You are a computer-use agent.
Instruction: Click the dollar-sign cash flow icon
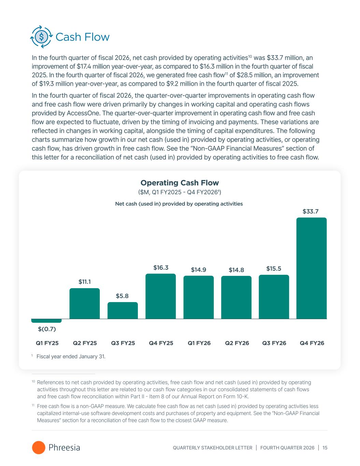tap(42, 37)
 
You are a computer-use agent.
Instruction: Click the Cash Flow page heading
tap(82, 37)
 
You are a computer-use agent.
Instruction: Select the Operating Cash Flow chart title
tap(179, 183)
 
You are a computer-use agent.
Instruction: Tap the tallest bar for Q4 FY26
tap(311, 268)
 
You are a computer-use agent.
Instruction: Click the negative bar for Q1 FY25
tap(46, 321)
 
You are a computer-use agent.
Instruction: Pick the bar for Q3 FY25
tap(123, 310)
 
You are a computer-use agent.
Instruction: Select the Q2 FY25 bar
tap(85, 303)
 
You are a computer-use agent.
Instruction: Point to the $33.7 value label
tap(311, 212)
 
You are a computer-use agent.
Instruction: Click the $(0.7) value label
tap(47, 329)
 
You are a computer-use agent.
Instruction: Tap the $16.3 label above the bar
tap(161, 268)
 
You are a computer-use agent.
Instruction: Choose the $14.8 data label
tap(236, 270)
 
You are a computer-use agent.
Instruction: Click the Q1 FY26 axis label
tap(199, 343)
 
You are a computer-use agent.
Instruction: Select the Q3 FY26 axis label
tap(274, 343)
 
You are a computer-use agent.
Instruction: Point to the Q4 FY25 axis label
tap(161, 343)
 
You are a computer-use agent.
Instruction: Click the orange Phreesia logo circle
tap(39, 448)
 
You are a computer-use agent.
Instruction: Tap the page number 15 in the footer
tap(325, 448)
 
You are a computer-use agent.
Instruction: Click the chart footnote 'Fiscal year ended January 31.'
tap(71, 357)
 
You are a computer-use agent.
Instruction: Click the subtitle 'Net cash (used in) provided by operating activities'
tap(179, 204)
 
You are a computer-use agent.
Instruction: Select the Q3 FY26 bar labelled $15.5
tap(274, 297)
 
